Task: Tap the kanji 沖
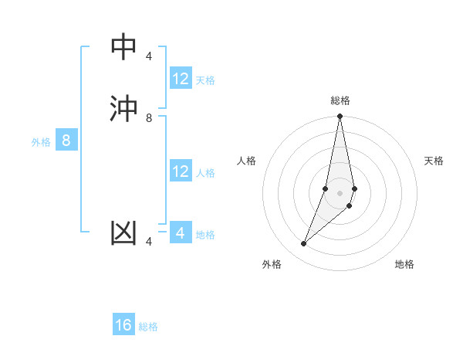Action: pyautogui.click(x=123, y=108)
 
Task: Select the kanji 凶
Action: pyautogui.click(x=123, y=232)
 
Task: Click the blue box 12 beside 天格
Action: pyautogui.click(x=181, y=79)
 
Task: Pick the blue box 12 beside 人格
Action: pyautogui.click(x=181, y=171)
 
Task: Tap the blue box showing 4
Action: pyautogui.click(x=181, y=233)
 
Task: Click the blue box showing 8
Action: pyautogui.click(x=66, y=141)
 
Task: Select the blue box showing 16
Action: pyautogui.click(x=123, y=325)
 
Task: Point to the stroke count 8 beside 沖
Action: pyautogui.click(x=149, y=118)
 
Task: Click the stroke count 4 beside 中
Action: pyautogui.click(x=149, y=56)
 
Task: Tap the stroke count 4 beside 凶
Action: pyautogui.click(x=149, y=242)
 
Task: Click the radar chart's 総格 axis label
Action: pyautogui.click(x=340, y=100)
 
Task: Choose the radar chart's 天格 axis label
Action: pyautogui.click(x=434, y=161)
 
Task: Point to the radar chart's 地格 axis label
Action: pyautogui.click(x=404, y=264)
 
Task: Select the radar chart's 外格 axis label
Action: pyautogui.click(x=272, y=264)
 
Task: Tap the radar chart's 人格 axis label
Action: pyautogui.click(x=247, y=161)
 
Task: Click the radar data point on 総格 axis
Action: pyautogui.click(x=340, y=117)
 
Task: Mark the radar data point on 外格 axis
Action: pyautogui.click(x=303, y=244)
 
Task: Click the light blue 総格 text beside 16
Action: pyautogui.click(x=148, y=327)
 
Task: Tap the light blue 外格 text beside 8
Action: pyautogui.click(x=41, y=142)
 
